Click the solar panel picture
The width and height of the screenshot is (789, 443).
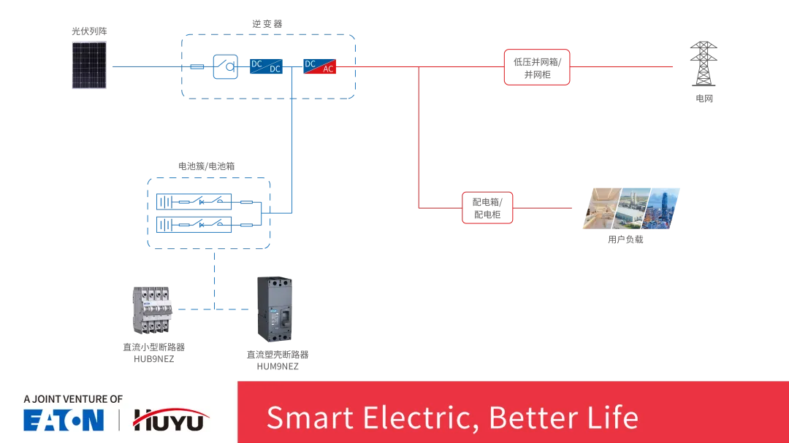91,66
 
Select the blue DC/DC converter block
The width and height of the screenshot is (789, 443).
265,66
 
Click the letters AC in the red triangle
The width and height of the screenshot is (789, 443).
328,69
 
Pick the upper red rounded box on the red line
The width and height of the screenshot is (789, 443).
537,66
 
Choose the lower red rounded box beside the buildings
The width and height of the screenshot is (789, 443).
487,207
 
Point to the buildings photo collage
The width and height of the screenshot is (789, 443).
631,210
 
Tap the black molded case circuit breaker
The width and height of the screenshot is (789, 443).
274,309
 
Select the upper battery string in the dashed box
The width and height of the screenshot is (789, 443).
193,200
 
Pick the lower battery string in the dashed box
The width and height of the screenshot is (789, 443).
193,223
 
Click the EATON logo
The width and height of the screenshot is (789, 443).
64,420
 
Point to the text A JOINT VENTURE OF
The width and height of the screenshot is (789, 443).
73,399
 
